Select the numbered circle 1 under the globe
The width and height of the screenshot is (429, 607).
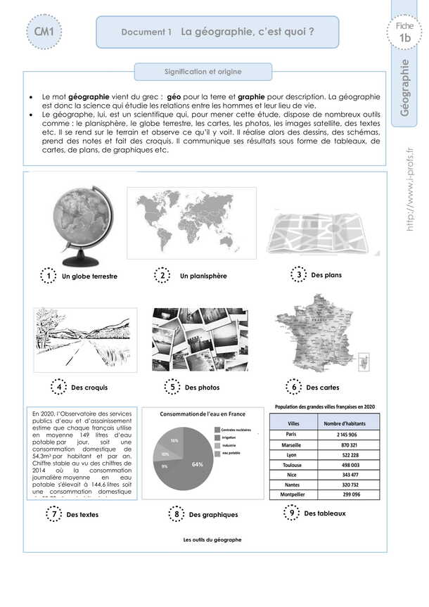pyautogui.click(x=48, y=276)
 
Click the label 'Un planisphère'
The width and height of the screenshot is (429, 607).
pyautogui.click(x=203, y=276)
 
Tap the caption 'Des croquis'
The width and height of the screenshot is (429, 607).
pyautogui.click(x=89, y=388)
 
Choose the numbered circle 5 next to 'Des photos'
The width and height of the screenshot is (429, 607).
pyautogui.click(x=172, y=387)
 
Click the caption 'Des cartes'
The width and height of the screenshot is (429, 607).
pyautogui.click(x=323, y=388)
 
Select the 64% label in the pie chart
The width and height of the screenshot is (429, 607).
pyautogui.click(x=197, y=464)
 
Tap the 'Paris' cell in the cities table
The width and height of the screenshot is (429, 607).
pyautogui.click(x=290, y=435)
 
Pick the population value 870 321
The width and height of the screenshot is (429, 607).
pyautogui.click(x=349, y=446)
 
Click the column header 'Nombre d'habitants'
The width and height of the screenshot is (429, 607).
pyautogui.click(x=349, y=423)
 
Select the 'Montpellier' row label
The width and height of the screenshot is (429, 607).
pyautogui.click(x=291, y=494)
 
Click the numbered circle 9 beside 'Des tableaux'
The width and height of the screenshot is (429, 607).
pyautogui.click(x=291, y=514)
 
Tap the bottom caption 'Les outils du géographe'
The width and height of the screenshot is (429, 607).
pyautogui.click(x=212, y=539)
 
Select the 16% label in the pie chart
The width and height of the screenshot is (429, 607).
pyautogui.click(x=174, y=440)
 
